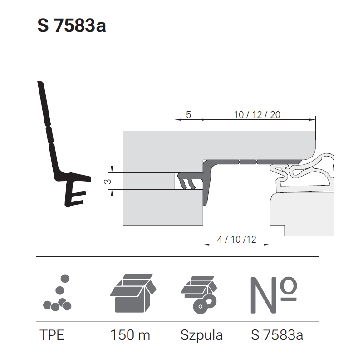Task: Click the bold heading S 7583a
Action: pyautogui.click(x=72, y=25)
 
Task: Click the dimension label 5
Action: pyautogui.click(x=188, y=115)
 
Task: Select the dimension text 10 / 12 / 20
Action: pyautogui.click(x=257, y=115)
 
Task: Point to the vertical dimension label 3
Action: pyautogui.click(x=108, y=181)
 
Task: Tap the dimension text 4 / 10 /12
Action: pyautogui.click(x=236, y=240)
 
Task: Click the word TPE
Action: pyautogui.click(x=52, y=335)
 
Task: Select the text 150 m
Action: pyautogui.click(x=130, y=335)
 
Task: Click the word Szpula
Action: pyautogui.click(x=201, y=335)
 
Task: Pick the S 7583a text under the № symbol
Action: pyautogui.click(x=277, y=335)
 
